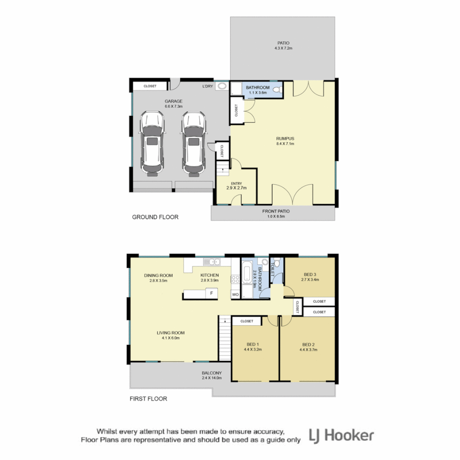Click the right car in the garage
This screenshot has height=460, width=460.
(194, 144)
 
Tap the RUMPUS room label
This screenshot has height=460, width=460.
(285, 138)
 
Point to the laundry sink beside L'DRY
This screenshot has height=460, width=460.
(222, 87)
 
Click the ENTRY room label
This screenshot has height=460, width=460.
(236, 183)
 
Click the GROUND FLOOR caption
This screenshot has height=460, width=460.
(155, 217)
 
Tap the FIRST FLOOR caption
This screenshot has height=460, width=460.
(148, 399)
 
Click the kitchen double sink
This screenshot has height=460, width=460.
(212, 262)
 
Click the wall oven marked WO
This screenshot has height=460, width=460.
(235, 294)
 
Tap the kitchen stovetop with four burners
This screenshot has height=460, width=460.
(235, 279)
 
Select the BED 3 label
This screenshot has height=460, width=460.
(310, 274)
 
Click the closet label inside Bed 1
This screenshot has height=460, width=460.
(247, 321)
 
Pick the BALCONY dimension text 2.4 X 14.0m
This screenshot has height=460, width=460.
(212, 378)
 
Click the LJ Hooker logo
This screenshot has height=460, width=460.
(341, 435)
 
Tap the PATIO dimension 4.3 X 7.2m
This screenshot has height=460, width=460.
(283, 49)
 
